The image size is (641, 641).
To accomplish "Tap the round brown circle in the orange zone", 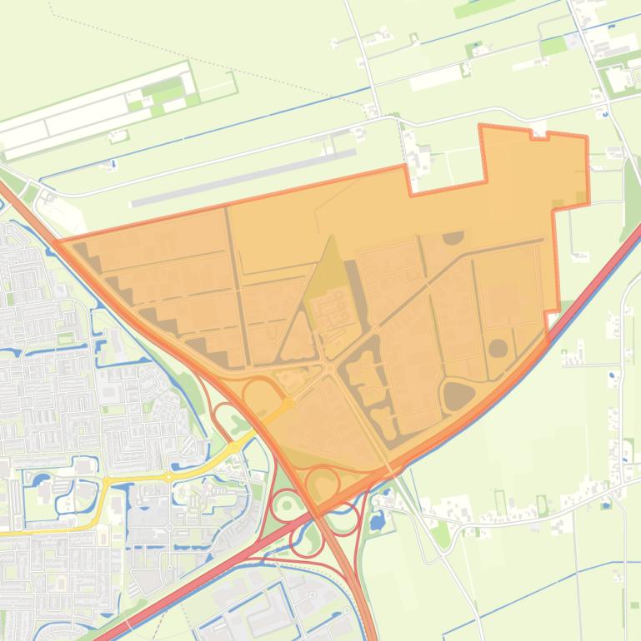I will (x=498, y=348).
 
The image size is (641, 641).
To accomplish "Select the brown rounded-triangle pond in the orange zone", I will (x=458, y=395).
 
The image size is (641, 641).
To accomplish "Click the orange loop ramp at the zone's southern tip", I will (x=323, y=483).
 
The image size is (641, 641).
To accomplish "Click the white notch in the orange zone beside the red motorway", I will (x=553, y=320).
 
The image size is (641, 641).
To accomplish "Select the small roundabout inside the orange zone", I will (x=330, y=367).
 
